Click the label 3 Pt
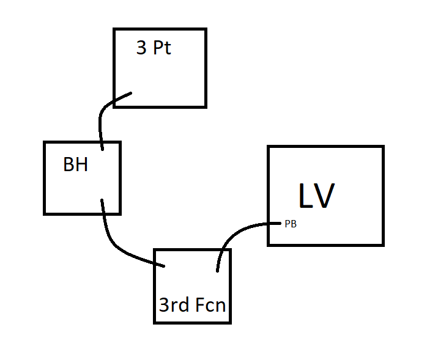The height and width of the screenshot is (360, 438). pyautogui.click(x=154, y=48)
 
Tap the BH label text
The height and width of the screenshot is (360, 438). pyautogui.click(x=75, y=164)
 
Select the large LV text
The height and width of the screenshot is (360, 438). pyautogui.click(x=316, y=196)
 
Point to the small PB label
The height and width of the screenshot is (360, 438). pyautogui.click(x=291, y=224)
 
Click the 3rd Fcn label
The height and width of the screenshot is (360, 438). pyautogui.click(x=192, y=305)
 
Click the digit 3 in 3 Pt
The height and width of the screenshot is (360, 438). pyautogui.click(x=141, y=48)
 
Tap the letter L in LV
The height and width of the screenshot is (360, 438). pyautogui.click(x=305, y=196)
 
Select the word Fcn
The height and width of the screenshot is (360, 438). pyautogui.click(x=210, y=305)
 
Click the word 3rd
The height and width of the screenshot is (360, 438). pyautogui.click(x=174, y=305)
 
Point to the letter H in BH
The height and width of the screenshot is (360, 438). pyautogui.click(x=82, y=164)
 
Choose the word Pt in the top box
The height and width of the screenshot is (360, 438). pyautogui.click(x=162, y=48)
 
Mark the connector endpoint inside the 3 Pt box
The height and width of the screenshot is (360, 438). pyautogui.click(x=130, y=93)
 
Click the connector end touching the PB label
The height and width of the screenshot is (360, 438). pyautogui.click(x=280, y=223)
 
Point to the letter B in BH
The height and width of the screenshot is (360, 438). pyautogui.click(x=69, y=164)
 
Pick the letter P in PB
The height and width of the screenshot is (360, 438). pyautogui.click(x=288, y=224)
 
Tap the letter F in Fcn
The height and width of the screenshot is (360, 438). pyautogui.click(x=200, y=305)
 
